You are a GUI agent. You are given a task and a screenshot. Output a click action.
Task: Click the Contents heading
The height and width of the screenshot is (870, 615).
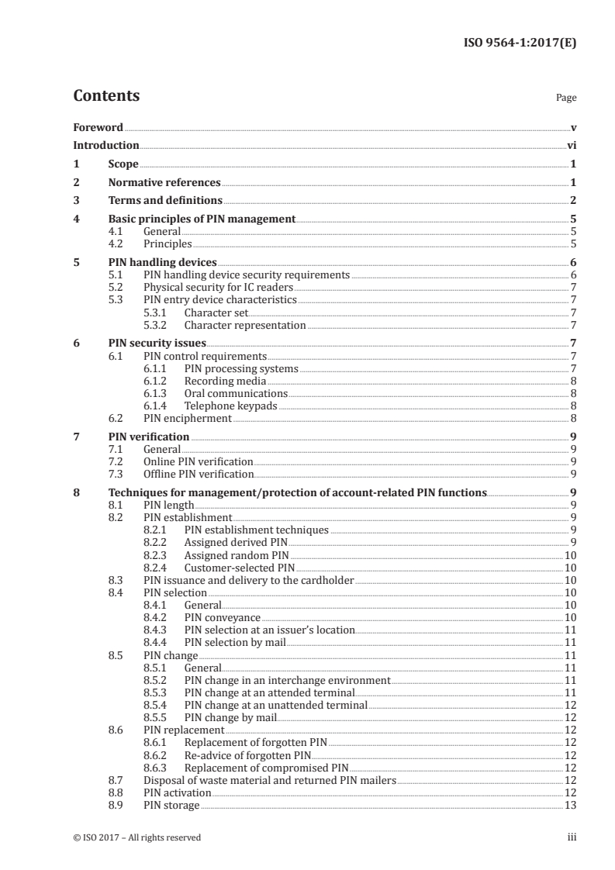[106, 96]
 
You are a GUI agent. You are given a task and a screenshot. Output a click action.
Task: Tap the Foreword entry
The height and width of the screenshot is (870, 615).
[98, 127]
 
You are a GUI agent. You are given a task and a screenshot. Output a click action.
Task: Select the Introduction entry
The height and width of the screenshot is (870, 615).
[106, 145]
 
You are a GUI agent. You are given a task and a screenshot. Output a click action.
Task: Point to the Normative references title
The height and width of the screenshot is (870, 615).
[164, 183]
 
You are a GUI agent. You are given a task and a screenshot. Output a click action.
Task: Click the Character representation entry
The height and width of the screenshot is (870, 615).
[245, 326]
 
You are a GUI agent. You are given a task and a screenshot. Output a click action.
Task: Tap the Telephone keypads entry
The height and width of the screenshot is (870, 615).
[230, 406]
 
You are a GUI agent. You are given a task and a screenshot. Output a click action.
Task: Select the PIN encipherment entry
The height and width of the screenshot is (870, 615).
[188, 418]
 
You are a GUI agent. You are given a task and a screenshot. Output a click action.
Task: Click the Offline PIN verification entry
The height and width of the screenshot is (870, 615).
[199, 474]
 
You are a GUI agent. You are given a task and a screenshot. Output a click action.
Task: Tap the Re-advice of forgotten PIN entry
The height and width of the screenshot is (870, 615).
[247, 754]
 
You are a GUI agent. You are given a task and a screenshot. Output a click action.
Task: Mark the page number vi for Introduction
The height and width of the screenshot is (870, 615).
[571, 145]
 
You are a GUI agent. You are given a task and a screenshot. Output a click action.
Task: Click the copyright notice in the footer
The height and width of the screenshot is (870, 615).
[136, 837]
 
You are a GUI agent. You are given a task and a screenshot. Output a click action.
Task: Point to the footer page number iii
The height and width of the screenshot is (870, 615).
[572, 837]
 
